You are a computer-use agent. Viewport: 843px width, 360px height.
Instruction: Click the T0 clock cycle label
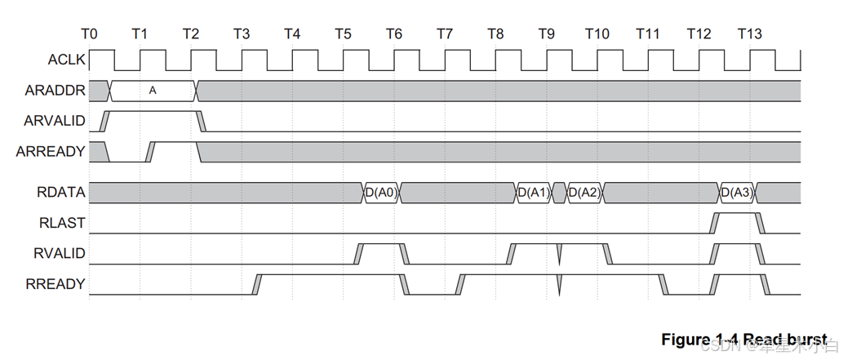pos(90,34)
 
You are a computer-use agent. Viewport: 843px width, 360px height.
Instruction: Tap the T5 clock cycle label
pos(344,34)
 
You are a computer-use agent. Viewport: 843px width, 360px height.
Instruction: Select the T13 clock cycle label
pos(750,34)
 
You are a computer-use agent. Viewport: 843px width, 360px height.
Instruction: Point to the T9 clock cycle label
pos(547,34)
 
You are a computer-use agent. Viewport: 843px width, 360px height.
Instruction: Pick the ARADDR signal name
pos(54,91)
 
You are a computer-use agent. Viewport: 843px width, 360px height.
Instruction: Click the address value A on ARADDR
pos(153,91)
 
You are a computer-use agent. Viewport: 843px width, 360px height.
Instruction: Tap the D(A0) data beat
pos(381,193)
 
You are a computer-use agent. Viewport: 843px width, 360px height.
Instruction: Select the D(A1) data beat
pos(534,193)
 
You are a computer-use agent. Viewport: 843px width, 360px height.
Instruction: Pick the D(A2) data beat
pos(584,193)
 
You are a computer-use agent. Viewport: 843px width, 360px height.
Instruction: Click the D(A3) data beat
pos(737,193)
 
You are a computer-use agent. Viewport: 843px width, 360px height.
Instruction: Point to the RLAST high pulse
pos(737,215)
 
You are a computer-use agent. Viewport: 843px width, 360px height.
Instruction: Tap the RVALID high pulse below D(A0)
pos(381,245)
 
